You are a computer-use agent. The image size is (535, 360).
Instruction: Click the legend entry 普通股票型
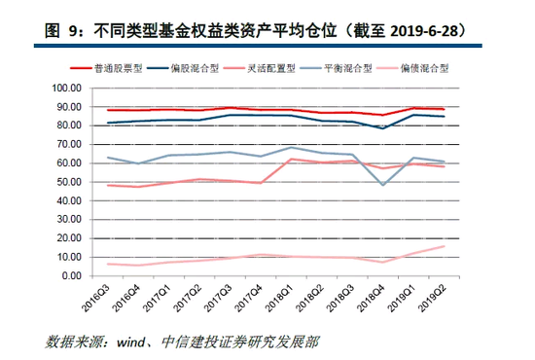coord(106,68)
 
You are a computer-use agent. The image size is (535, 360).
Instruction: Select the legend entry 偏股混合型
coord(183,68)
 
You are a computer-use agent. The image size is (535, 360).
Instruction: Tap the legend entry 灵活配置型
coord(260,68)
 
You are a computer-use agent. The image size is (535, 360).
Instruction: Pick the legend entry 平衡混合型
coord(337,68)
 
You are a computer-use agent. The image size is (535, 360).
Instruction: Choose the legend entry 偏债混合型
coord(412,68)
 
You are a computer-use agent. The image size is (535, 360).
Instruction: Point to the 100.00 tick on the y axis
coord(67,88)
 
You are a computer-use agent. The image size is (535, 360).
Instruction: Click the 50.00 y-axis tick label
coord(69,182)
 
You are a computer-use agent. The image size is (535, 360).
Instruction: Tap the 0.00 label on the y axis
coord(72,275)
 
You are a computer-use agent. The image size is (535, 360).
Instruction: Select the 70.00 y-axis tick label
coord(69,144)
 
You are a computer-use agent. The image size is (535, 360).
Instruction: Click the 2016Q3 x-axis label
coord(96,298)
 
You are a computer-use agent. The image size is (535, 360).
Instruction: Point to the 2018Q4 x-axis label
coord(372,298)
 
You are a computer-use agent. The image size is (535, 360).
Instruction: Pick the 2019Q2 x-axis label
coord(433,298)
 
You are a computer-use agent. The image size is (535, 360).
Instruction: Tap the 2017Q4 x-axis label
coord(249,298)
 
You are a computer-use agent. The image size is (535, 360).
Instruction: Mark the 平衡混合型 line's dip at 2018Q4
coord(383,185)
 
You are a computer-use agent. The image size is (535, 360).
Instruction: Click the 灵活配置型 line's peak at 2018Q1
coord(291,159)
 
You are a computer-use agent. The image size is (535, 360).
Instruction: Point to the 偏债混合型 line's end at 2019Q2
coord(445,246)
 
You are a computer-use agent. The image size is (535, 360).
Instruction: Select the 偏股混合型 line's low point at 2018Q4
coord(383,128)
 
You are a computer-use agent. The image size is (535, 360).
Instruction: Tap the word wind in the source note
coord(130,342)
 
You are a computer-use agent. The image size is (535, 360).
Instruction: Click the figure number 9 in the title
coord(72,31)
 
